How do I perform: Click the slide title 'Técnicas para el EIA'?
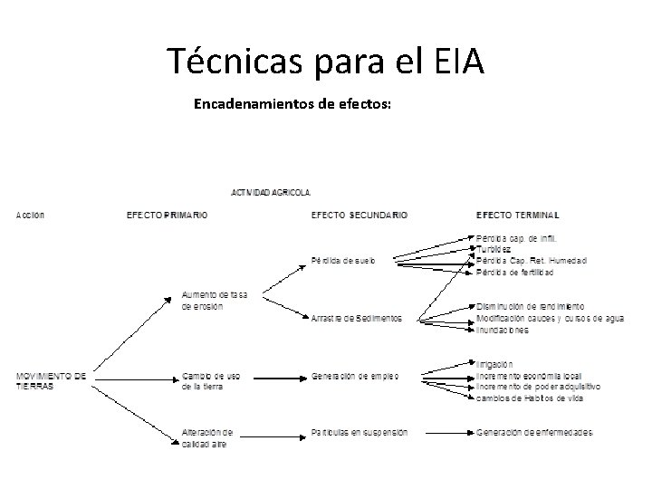(326, 62)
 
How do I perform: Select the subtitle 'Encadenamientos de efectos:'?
(292, 104)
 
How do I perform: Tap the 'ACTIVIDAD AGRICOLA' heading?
(272, 192)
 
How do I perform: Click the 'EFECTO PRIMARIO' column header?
(167, 216)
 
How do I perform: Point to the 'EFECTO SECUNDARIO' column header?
(359, 216)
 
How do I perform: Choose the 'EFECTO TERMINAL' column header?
(517, 216)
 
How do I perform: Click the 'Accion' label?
(29, 216)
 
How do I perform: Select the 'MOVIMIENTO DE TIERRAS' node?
(51, 380)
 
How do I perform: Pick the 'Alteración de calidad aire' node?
(207, 437)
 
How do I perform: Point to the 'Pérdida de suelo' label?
(342, 261)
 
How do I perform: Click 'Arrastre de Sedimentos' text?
(356, 318)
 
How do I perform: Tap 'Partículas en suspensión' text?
(359, 432)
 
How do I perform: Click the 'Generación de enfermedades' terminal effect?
(535, 432)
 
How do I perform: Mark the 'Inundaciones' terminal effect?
(503, 330)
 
